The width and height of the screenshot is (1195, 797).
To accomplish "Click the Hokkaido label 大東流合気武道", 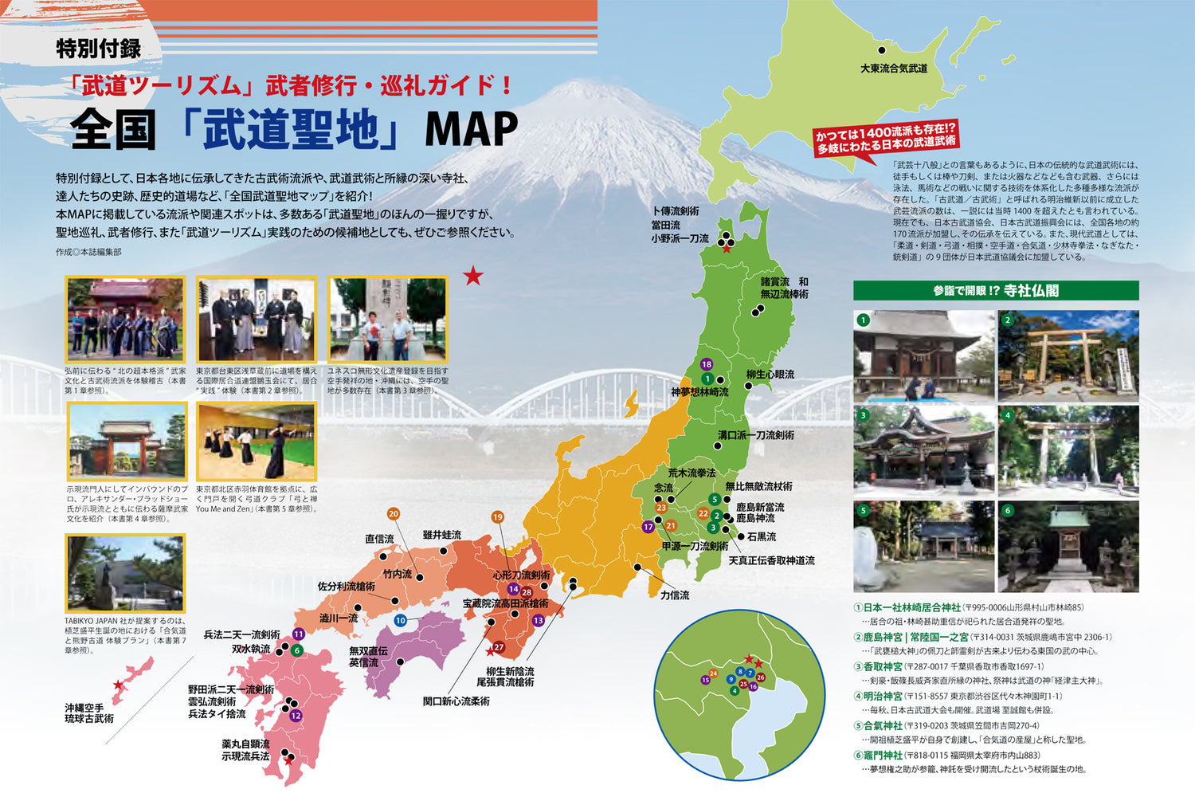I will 893,69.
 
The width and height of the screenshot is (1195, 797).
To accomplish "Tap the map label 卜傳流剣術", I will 675,211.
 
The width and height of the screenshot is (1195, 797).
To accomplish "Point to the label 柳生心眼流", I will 770,375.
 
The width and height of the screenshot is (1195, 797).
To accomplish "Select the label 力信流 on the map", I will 675,595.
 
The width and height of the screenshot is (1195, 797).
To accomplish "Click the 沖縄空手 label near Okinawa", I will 84,708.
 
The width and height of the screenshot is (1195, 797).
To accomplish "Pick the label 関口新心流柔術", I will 456,701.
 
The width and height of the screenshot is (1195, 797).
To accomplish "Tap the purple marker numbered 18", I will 707,365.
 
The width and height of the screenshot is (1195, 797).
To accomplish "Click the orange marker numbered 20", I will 393,514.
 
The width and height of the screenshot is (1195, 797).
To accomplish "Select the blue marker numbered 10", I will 400,620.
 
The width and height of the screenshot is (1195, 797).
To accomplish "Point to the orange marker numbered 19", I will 497,517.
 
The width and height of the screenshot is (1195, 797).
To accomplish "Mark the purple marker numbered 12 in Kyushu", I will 296,716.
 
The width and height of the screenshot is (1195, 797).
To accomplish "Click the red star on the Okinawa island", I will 119,685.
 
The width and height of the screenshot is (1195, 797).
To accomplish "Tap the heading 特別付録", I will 98,49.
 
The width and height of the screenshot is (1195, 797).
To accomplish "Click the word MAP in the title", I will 471,129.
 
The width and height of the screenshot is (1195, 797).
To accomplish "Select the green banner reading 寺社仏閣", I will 996,291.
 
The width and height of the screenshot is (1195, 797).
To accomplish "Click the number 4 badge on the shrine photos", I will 1007,415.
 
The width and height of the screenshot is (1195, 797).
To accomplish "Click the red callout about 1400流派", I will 885,139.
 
